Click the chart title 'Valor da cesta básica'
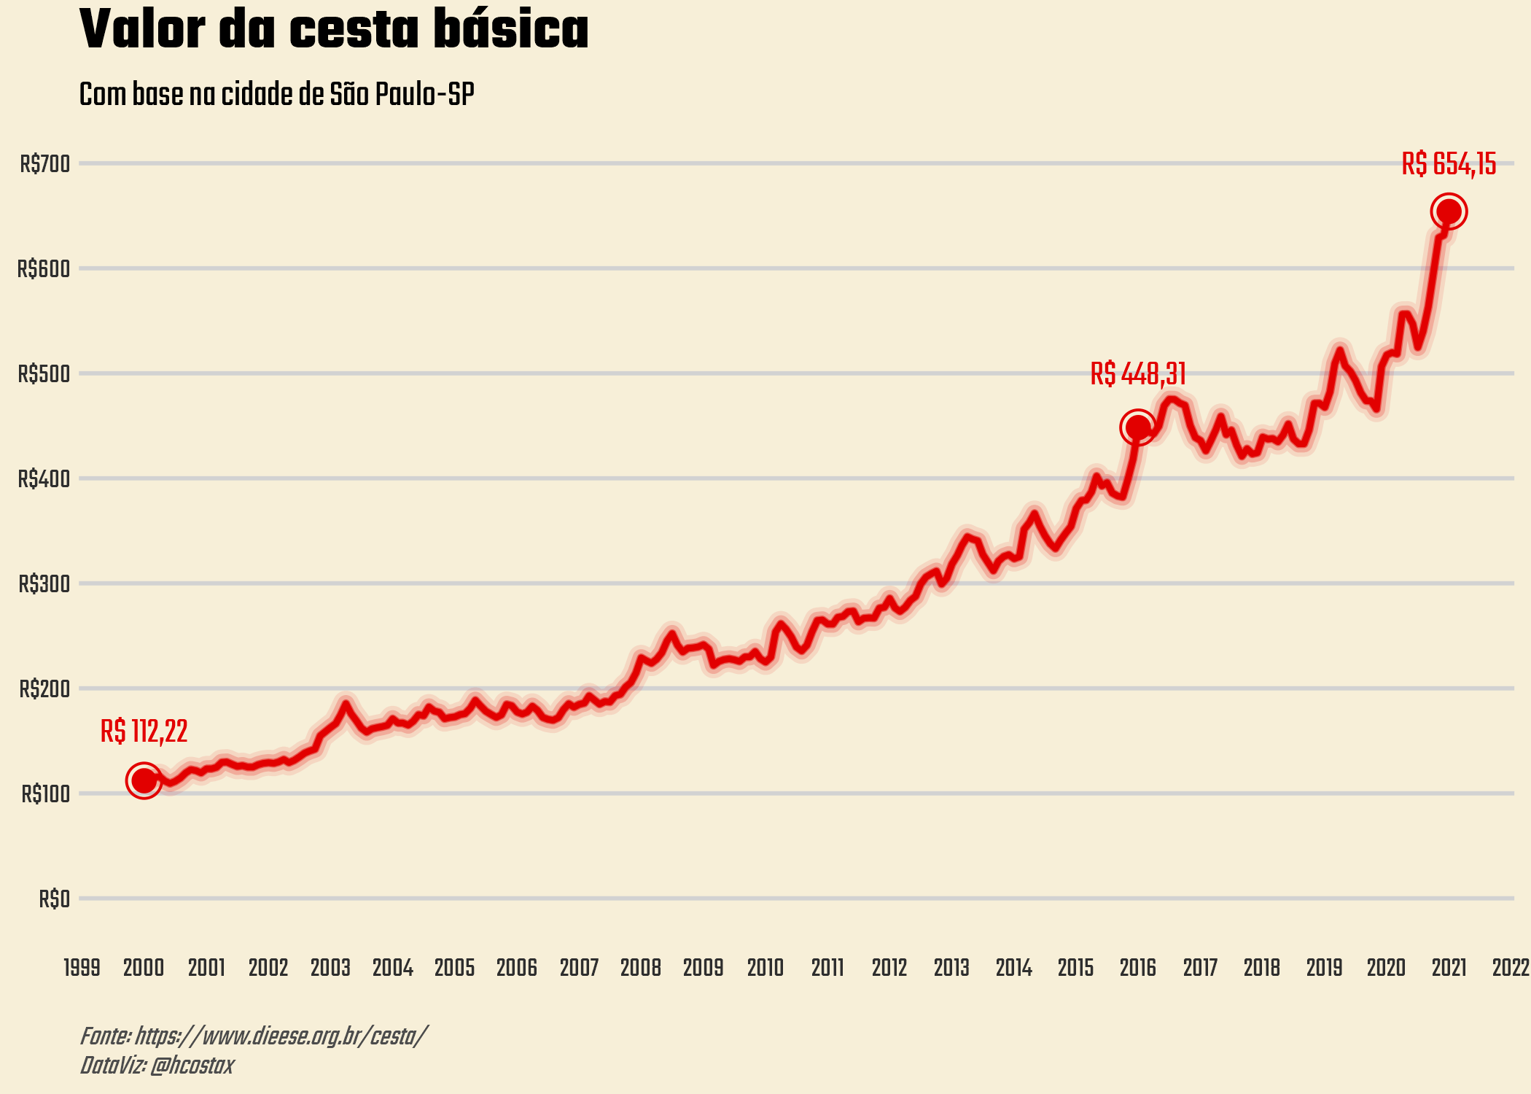click(x=333, y=31)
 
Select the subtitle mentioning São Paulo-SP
click(x=276, y=95)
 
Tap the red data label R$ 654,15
click(x=1449, y=164)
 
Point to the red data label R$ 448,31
click(x=1138, y=374)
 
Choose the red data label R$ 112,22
click(x=144, y=732)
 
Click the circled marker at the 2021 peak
click(x=1449, y=212)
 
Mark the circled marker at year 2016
click(x=1137, y=427)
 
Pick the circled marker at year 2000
click(x=144, y=780)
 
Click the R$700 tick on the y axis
click(x=45, y=164)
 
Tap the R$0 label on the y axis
click(x=55, y=899)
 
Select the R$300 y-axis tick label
click(x=44, y=584)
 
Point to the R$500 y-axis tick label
click(x=44, y=374)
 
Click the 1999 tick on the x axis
click(x=82, y=968)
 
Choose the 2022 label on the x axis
click(x=1511, y=968)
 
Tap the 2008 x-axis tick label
click(x=641, y=968)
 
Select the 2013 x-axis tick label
click(x=951, y=968)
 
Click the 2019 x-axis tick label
click(x=1324, y=968)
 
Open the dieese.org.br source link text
click(x=281, y=1036)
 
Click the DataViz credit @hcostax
click(x=192, y=1066)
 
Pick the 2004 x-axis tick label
click(x=392, y=968)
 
